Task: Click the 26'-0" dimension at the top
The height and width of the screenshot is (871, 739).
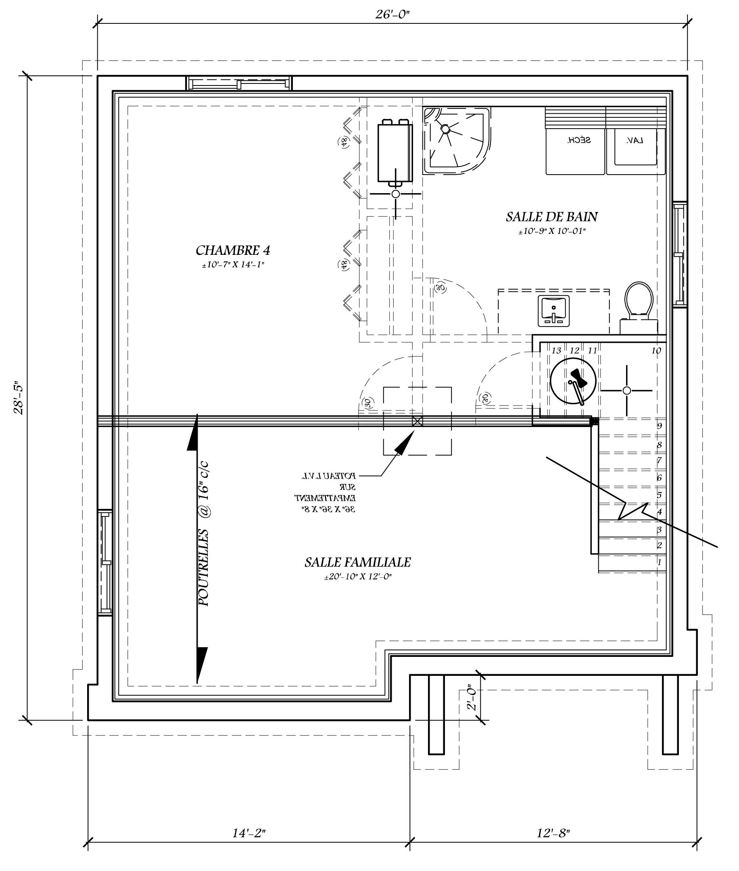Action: tap(392, 14)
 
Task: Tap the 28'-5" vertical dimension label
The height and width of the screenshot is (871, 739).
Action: tap(19, 398)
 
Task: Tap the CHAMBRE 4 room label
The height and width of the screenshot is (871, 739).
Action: tap(233, 250)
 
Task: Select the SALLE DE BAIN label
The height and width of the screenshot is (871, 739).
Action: tap(552, 217)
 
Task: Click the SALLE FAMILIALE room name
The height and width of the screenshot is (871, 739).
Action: tap(357, 562)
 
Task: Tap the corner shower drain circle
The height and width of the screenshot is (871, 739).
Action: tap(445, 129)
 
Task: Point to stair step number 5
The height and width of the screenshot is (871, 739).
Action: tap(659, 495)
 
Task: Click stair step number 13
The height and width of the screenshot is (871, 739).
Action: tap(556, 350)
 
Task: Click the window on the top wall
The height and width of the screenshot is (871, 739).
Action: tap(239, 84)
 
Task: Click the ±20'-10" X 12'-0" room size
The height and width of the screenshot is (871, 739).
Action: tap(357, 577)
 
